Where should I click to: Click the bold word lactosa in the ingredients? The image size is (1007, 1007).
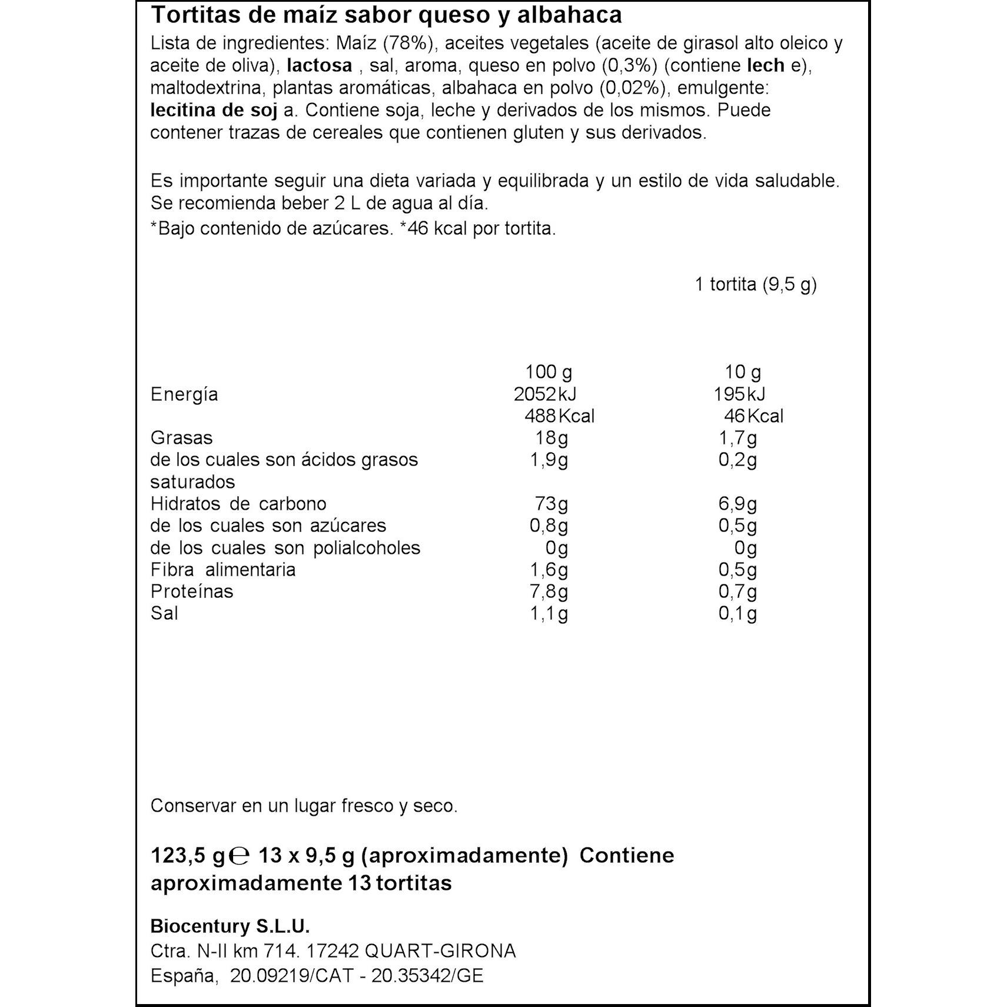coord(319,65)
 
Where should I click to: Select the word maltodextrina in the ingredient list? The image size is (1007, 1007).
coord(205,88)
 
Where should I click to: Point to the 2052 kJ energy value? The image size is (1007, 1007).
coord(545,394)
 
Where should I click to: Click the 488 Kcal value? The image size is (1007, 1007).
coord(559,416)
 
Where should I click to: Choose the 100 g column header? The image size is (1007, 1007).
coord(549,372)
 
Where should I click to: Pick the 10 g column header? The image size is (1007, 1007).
coord(743,372)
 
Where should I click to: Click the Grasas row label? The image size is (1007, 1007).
coord(181,438)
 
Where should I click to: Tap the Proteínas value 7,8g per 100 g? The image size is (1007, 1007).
coord(549,591)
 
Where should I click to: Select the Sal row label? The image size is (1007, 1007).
coord(164,613)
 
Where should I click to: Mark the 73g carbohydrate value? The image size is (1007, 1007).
coord(551,504)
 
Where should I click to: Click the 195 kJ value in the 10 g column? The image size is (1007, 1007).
coord(740,394)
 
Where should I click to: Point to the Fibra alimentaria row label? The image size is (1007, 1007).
coord(223,570)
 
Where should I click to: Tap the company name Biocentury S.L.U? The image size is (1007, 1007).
coord(230,926)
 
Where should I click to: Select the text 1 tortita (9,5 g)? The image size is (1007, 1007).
coord(756,285)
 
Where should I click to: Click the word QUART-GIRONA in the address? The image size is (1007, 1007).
coord(440,951)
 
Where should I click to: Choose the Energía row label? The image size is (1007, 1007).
coord(184,394)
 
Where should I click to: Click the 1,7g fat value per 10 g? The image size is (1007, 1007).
coord(738,438)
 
